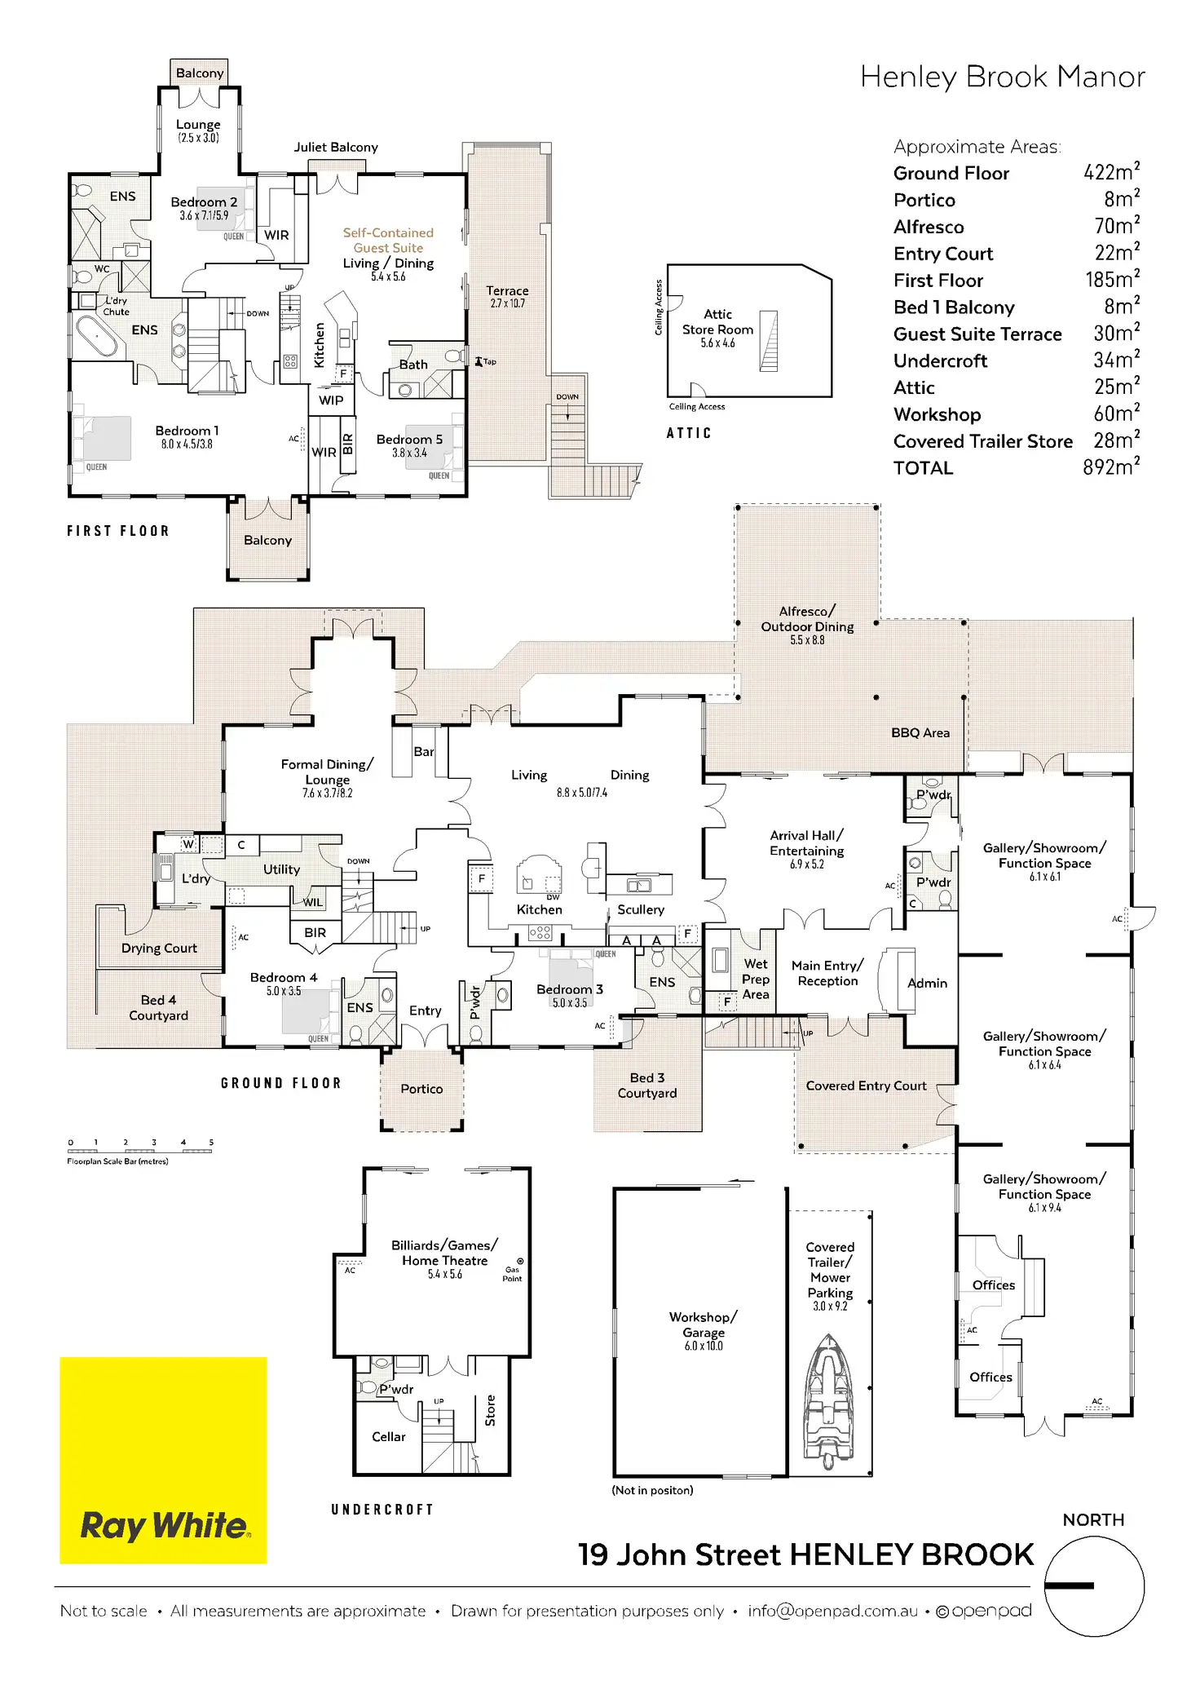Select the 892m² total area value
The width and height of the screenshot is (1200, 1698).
pos(1111,467)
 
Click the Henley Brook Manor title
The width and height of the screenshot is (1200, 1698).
pos(1002,77)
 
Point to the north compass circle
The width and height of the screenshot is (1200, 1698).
pos(1094,1585)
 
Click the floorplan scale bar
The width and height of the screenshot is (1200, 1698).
pos(140,1151)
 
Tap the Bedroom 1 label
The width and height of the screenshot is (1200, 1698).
pos(187,431)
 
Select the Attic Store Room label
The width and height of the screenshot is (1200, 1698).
pos(717,322)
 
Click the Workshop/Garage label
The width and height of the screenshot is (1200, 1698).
pos(703,1324)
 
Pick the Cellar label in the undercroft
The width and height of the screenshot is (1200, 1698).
pos(388,1437)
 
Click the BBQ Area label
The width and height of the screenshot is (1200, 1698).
pos(920,732)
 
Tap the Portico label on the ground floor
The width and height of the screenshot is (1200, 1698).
pos(421,1089)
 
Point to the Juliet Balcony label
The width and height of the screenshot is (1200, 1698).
pos(336,148)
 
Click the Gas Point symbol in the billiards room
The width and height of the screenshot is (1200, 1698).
pos(520,1262)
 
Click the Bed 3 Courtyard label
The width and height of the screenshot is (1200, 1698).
pos(647,1086)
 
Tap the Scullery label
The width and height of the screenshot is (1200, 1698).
pos(641,909)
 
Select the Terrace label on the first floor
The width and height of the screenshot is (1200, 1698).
pos(507,291)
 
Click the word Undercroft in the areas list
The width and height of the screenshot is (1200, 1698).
pos(940,360)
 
